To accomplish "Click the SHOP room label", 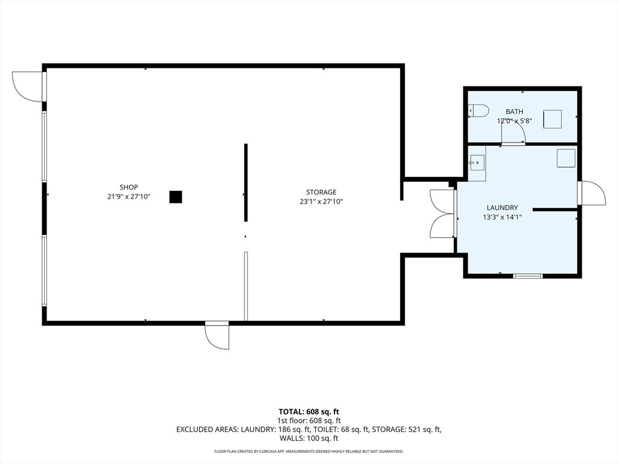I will click(x=129, y=187).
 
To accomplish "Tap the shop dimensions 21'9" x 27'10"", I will click(x=129, y=197).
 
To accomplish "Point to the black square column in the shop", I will click(x=176, y=197).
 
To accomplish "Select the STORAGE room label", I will click(x=321, y=192).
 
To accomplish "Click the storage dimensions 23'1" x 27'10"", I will click(x=321, y=202).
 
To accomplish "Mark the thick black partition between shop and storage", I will click(x=246, y=182).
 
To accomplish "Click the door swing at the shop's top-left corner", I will click(x=28, y=86).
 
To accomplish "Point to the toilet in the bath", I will click(x=479, y=111).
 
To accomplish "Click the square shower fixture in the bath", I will click(x=553, y=119).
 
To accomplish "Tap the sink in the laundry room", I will click(x=477, y=162).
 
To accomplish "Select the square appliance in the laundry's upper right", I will click(x=565, y=158).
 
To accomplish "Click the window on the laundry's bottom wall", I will click(x=527, y=276).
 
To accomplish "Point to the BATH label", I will click(x=514, y=111).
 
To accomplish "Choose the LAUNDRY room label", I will click(x=502, y=208).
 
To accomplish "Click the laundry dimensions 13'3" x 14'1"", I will click(x=502, y=217).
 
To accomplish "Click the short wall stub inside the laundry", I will click(x=555, y=210).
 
